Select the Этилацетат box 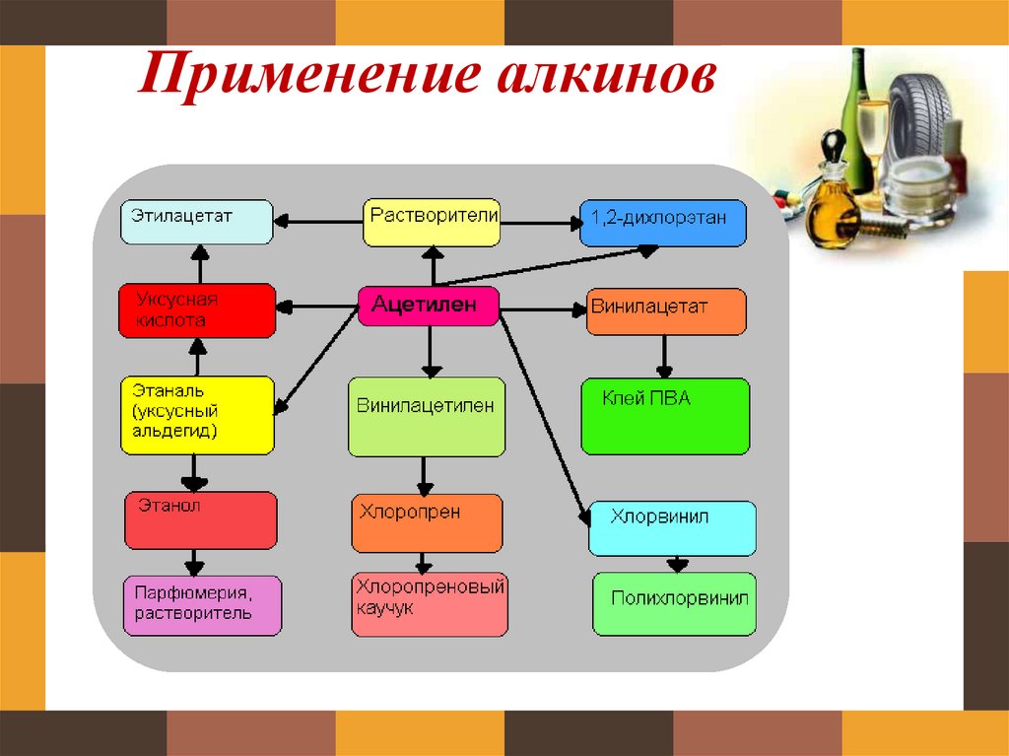coord(196,222)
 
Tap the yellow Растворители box coord(432,223)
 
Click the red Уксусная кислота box coord(196,310)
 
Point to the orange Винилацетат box coord(666,311)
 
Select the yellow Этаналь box coord(196,415)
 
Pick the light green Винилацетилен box coord(427,415)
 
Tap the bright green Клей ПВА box coord(665,416)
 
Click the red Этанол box coord(200,520)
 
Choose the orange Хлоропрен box coord(427,523)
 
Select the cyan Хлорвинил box coord(672,528)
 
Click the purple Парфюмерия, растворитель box coord(201,605)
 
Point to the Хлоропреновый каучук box coord(430,605)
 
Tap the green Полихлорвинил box coord(674,603)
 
